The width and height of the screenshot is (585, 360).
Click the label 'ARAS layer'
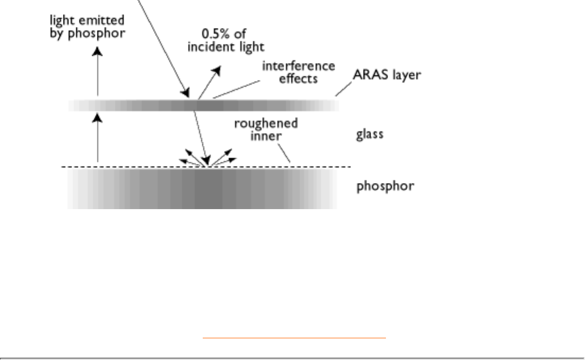(x=386, y=75)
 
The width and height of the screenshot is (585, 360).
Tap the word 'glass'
(x=370, y=134)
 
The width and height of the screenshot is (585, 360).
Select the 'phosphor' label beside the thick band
(x=385, y=186)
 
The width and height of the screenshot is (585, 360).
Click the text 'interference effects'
(x=299, y=72)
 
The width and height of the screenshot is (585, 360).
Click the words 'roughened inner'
(x=266, y=129)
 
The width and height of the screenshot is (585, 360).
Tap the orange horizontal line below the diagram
(x=294, y=337)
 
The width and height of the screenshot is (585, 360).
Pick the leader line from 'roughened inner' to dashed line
(x=284, y=154)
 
